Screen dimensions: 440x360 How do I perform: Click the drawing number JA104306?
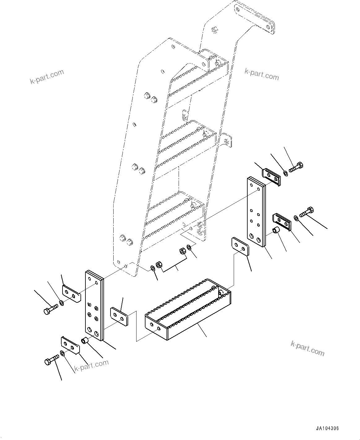[x=327, y=429]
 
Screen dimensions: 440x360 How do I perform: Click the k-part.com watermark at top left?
[x=47, y=77]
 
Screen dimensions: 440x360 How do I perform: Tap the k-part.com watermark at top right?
[x=262, y=74]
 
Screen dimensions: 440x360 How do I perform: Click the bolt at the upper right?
[x=297, y=167]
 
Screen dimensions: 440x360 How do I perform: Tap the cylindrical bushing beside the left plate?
[x=85, y=341]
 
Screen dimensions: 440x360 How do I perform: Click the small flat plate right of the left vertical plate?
[x=119, y=317]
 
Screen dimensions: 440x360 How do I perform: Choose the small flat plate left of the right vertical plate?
[x=240, y=247]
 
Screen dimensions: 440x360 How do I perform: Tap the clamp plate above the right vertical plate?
[x=271, y=177]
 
